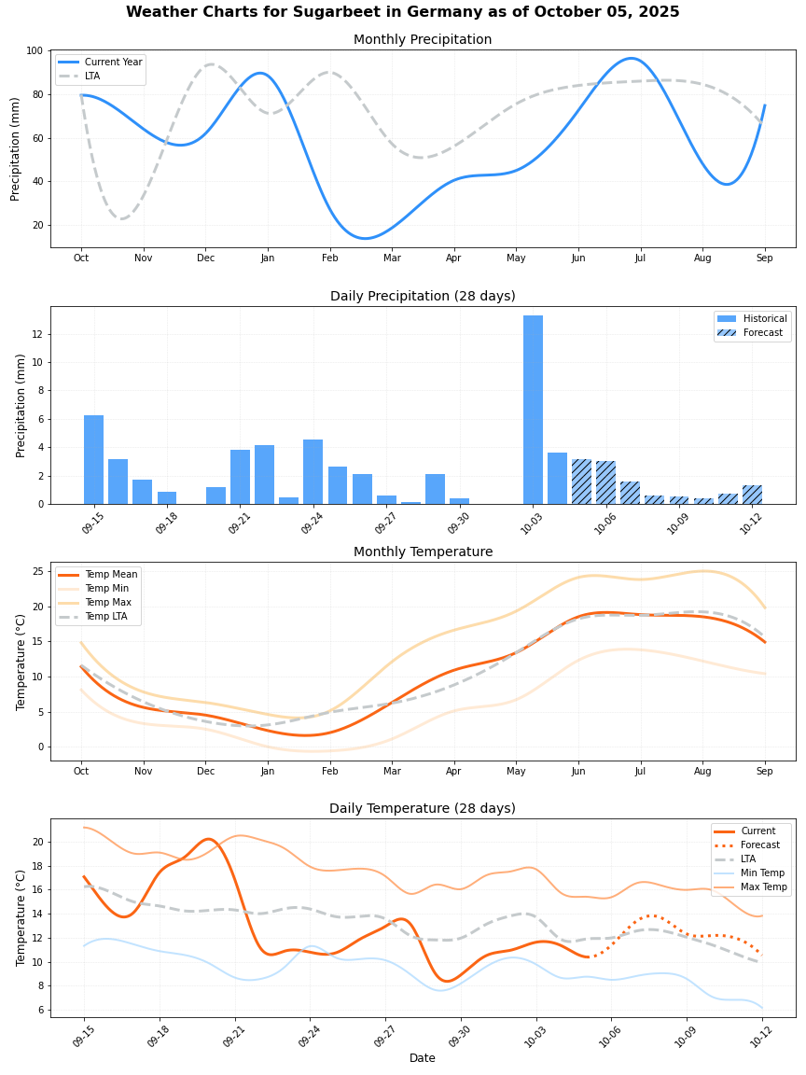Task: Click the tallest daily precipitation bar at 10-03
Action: (x=533, y=410)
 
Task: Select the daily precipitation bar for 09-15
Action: (x=93, y=459)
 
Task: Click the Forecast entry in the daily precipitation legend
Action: (x=762, y=333)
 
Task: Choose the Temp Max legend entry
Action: (x=107, y=603)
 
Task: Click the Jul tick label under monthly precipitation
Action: (x=640, y=258)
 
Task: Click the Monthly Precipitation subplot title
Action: (x=423, y=40)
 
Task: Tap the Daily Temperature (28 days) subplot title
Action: (x=423, y=809)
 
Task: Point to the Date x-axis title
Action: (x=423, y=1058)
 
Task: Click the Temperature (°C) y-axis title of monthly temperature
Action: (x=21, y=661)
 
